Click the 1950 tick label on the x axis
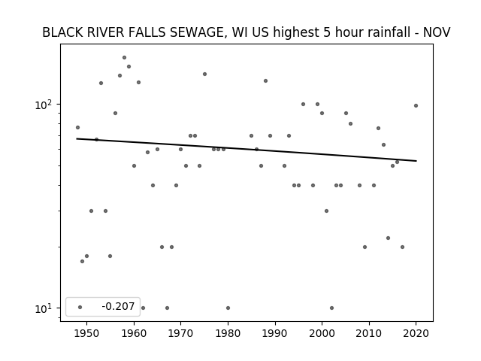pos(87,333)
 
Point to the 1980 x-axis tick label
pos(228,333)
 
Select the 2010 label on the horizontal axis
pos(369,333)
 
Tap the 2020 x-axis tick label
pos(416,333)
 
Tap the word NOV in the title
pos(437,32)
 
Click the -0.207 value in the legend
pos(118,306)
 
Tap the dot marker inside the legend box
pos(80,307)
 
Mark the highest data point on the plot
pos(124,57)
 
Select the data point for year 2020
pos(416,105)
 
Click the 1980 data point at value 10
pos(228,308)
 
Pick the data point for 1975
pos(204,74)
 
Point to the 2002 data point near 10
pos(331,308)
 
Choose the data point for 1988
pos(265,80)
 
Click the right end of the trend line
pos(416,161)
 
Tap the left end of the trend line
pos(77,138)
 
